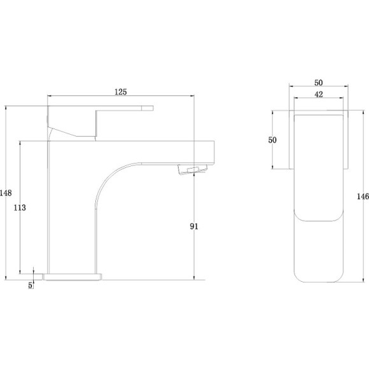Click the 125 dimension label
pyautogui.click(x=121, y=92)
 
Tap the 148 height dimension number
pyautogui.click(x=6, y=193)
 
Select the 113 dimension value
pyautogui.click(x=20, y=207)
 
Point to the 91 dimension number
pyautogui.click(x=194, y=226)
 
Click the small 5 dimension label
pyautogui.click(x=30, y=285)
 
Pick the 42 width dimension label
pyautogui.click(x=319, y=94)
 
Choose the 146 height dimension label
pyautogui.click(x=363, y=196)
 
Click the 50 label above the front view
pyautogui.click(x=318, y=83)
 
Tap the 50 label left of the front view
pyautogui.click(x=272, y=140)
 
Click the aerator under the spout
pyautogui.click(x=193, y=169)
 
